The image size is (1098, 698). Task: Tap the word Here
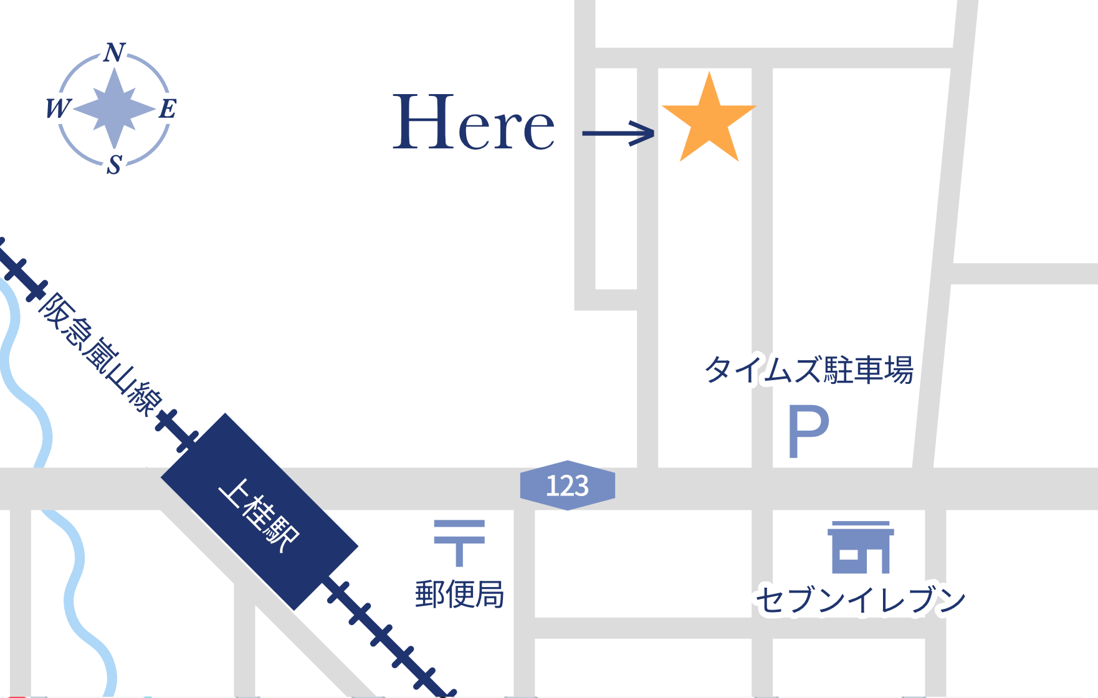[473, 122]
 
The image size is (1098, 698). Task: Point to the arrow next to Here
[618, 133]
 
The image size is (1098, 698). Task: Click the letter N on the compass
[115, 53]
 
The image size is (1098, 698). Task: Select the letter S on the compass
[114, 165]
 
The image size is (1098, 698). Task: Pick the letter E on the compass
[167, 108]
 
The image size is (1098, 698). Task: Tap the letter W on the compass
[58, 108]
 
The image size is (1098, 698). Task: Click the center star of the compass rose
[114, 108]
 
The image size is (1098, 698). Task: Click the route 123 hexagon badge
[567, 485]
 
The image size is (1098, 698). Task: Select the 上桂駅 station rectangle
[259, 511]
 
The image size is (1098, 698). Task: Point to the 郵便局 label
[459, 594]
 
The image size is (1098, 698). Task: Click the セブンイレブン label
[860, 600]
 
